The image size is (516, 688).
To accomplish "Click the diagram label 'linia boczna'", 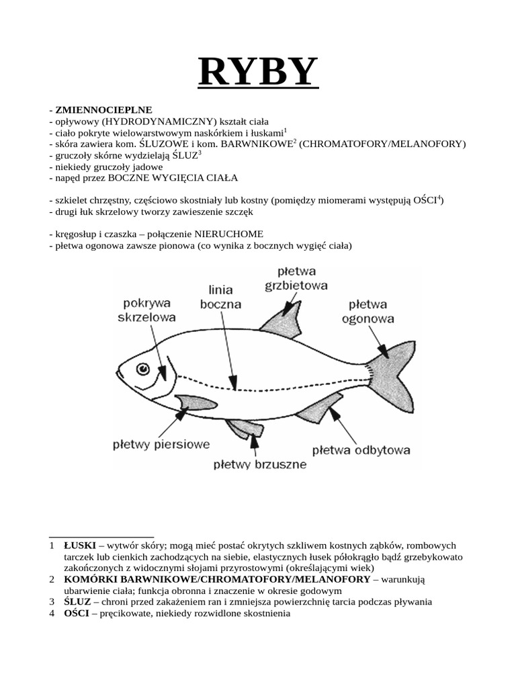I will point(221,297).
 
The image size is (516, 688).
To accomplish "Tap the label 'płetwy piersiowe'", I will point(161,444).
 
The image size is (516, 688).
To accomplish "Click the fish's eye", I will point(143,369).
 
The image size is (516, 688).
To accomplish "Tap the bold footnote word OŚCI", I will point(77,613).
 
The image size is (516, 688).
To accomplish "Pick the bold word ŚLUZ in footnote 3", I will point(77,601).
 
